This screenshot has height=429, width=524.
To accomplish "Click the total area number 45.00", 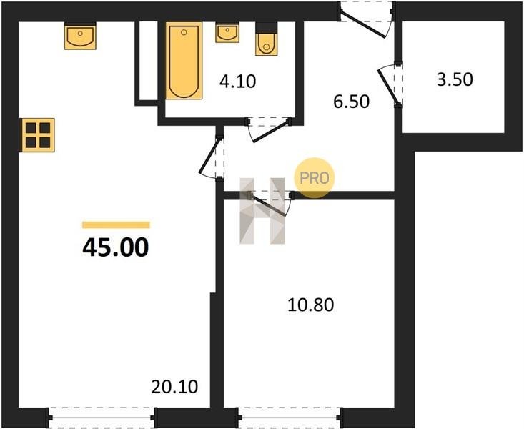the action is tap(116, 247).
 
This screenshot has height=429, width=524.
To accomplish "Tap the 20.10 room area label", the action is tap(174, 387).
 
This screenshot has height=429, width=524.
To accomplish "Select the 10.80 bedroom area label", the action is tap(310, 305).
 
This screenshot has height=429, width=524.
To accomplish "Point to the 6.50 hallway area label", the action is tap(351, 102).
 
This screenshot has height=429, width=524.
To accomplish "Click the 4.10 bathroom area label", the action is tap(237, 82).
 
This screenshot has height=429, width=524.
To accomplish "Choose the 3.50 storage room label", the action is tap(455, 80).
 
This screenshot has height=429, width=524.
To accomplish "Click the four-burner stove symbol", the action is tap(37, 135).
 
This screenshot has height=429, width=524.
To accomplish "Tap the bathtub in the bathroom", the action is tap(184, 61).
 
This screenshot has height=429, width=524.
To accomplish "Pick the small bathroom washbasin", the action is tap(227, 33).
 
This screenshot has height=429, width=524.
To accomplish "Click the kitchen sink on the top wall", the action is tap(80, 36).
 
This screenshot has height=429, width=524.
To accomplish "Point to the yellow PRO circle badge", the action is tap(314, 178).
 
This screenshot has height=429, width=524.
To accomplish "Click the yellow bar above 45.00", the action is tap(116, 225).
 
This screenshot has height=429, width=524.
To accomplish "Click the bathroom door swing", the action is tap(269, 129).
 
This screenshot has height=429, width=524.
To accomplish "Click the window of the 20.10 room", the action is tap(102, 418).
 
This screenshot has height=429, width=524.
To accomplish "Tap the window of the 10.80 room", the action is tap(290, 418).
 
